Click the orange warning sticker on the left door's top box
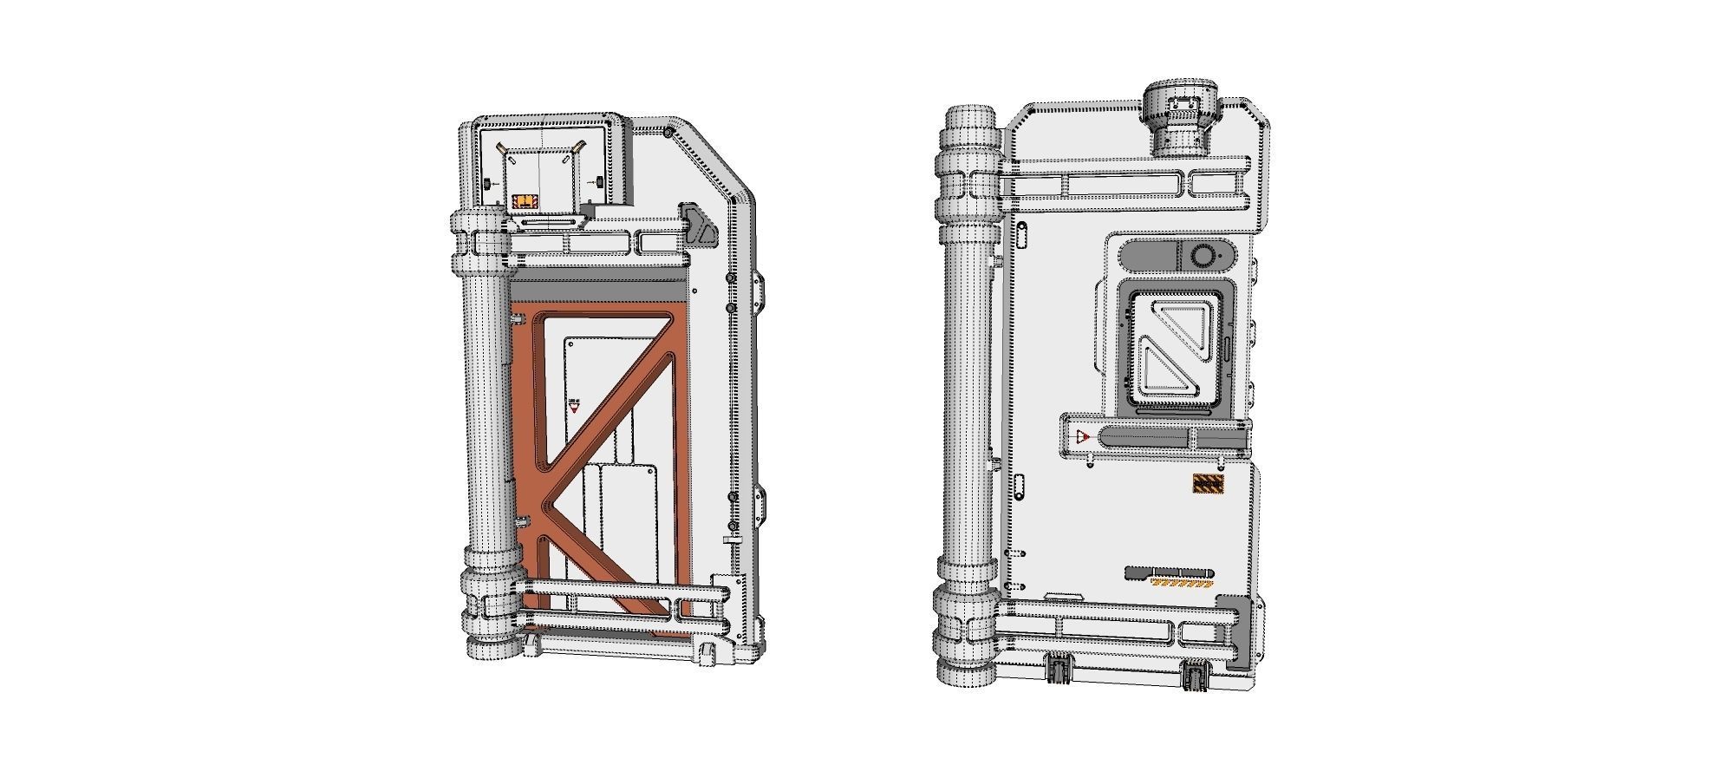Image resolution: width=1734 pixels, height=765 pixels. [x=525, y=201]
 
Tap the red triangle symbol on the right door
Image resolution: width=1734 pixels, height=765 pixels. [x=1081, y=436]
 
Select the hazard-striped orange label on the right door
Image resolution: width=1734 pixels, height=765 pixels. [x=1209, y=485]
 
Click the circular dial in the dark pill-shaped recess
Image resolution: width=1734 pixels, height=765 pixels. [x=1203, y=255]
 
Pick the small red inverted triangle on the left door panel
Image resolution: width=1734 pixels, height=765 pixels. [x=573, y=406]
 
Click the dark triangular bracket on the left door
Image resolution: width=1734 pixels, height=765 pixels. [x=699, y=223]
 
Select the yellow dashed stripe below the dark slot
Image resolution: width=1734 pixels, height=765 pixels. [x=1180, y=584]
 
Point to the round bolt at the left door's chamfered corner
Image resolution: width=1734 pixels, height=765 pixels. [x=669, y=133]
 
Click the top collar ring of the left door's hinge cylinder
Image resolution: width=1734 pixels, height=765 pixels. [x=477, y=221]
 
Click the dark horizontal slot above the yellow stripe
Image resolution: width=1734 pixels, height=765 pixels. [x=1169, y=573]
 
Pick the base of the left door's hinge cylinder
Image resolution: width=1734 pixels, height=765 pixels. [x=495, y=647]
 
